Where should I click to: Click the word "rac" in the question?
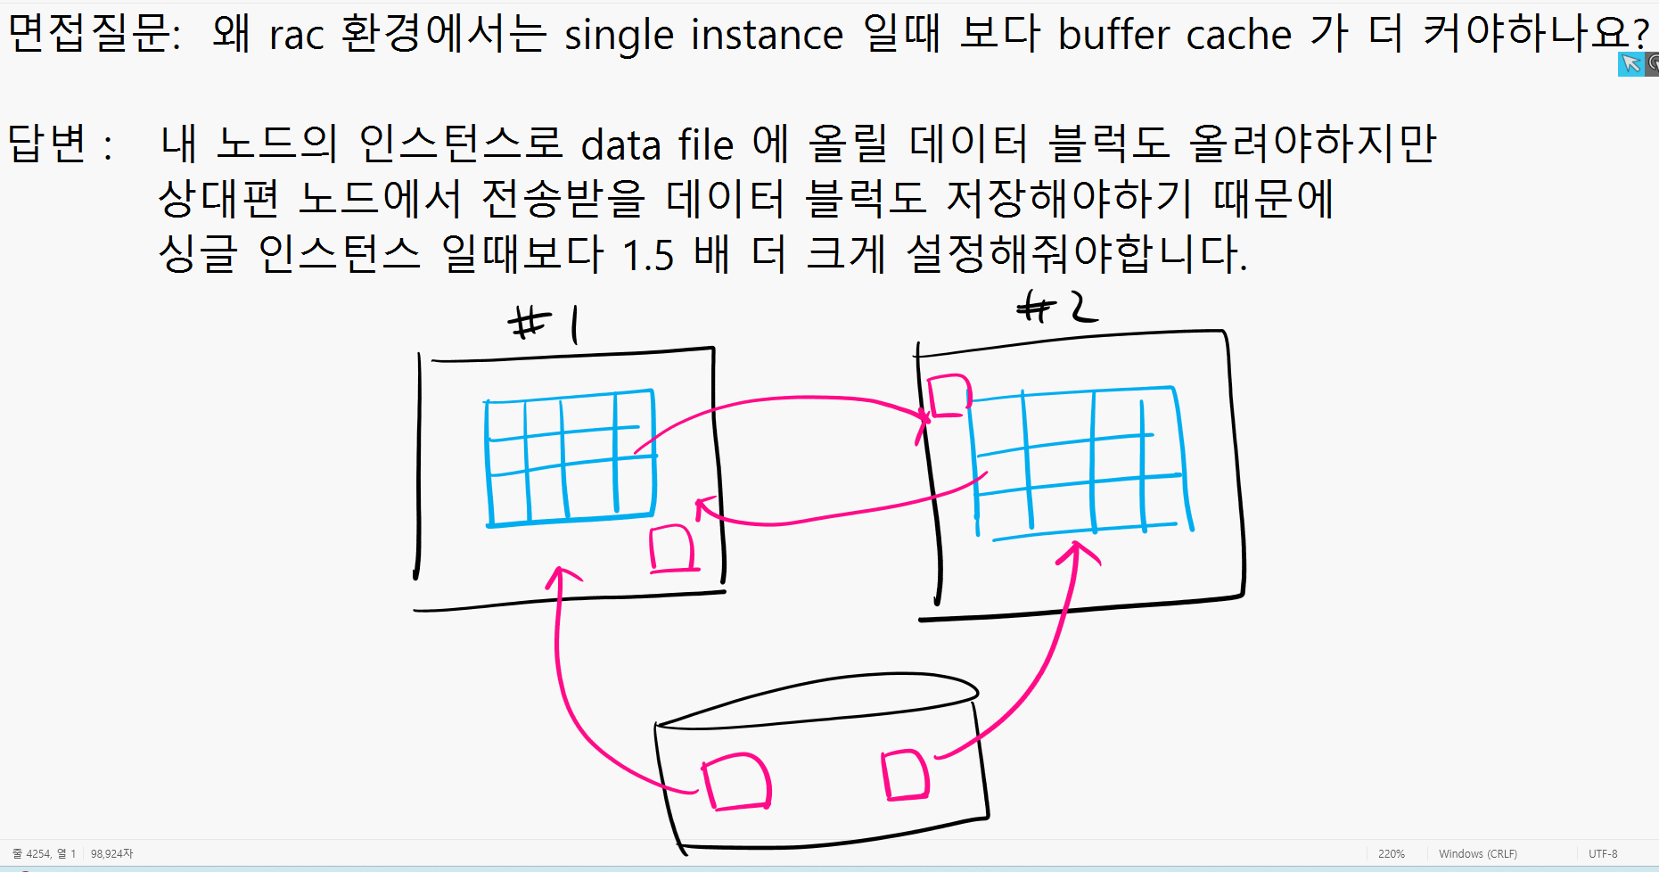point(297,37)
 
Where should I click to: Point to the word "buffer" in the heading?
point(1114,36)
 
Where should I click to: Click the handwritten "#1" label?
point(543,323)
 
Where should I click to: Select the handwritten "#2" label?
point(1056,308)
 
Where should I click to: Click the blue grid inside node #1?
point(571,457)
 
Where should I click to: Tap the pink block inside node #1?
point(672,548)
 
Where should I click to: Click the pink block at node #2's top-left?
point(949,396)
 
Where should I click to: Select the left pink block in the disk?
point(737,782)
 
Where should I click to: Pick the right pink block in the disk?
point(905,775)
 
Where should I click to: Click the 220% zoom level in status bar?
point(1391,854)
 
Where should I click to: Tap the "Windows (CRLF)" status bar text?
point(1477,854)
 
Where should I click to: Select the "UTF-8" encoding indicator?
point(1602,854)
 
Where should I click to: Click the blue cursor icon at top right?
point(1630,63)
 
